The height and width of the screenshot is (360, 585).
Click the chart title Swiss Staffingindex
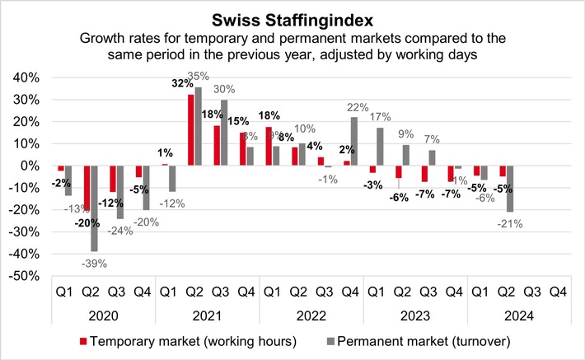[292, 17]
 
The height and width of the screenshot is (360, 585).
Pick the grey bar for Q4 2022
[353, 141]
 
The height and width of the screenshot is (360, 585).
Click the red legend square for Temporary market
[85, 339]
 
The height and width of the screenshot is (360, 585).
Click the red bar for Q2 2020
[85, 189]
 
